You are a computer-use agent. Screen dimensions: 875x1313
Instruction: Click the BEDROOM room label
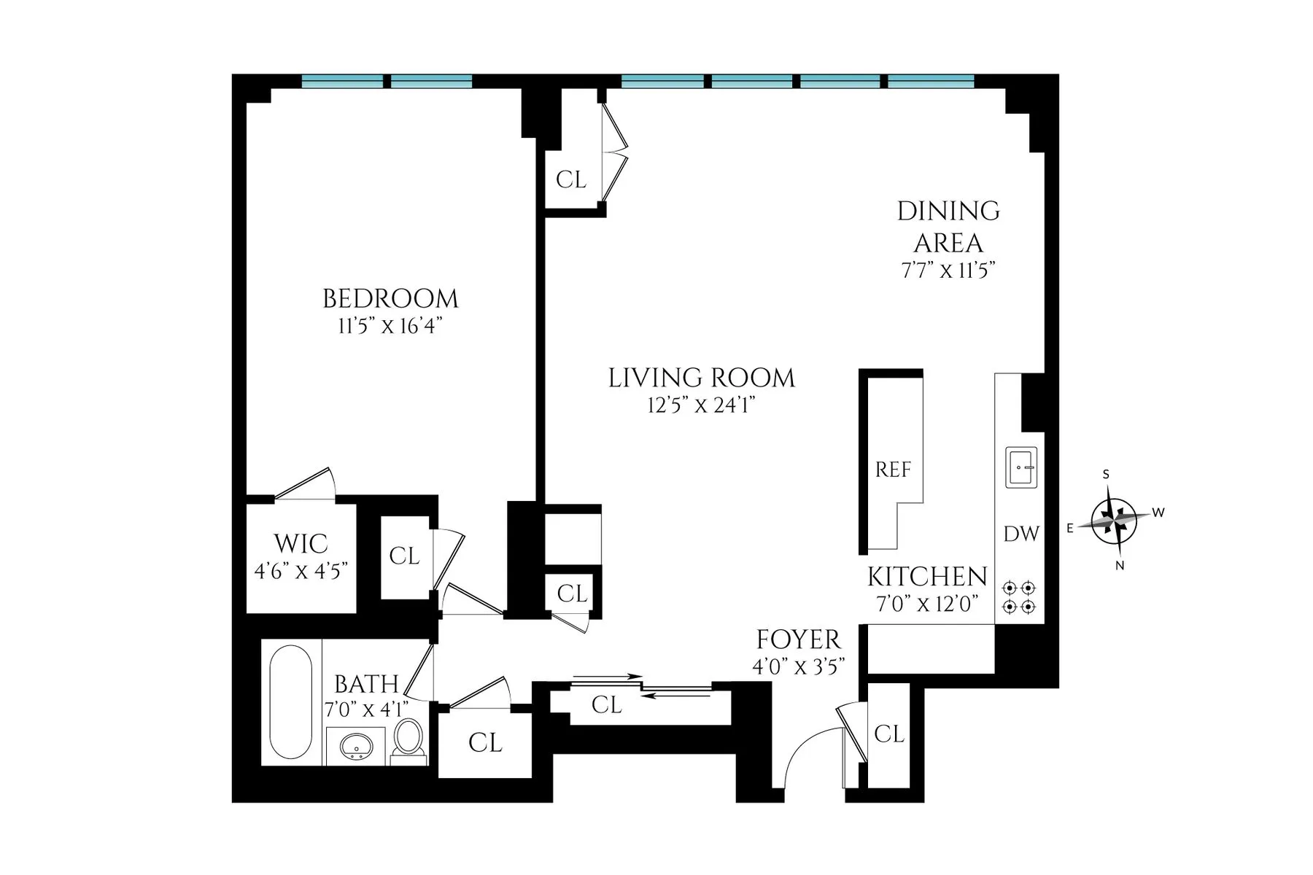[390, 299]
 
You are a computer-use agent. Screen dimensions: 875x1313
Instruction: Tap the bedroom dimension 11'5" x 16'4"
[390, 326]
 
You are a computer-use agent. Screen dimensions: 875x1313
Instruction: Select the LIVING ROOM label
[701, 378]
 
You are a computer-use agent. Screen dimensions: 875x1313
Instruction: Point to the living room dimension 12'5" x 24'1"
[701, 405]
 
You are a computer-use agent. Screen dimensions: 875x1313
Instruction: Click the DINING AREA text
[948, 226]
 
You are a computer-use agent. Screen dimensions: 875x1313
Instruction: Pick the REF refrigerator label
[893, 470]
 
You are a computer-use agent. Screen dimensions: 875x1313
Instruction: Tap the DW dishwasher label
[1020, 534]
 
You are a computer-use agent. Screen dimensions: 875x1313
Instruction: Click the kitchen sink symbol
[1021, 467]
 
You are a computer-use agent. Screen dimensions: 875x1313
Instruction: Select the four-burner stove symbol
[1019, 596]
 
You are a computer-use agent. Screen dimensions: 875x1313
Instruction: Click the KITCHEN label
[926, 577]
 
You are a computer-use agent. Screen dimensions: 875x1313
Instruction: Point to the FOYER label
[798, 639]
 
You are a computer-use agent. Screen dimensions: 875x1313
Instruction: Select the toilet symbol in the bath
[408, 739]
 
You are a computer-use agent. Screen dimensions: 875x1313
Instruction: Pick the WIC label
[301, 543]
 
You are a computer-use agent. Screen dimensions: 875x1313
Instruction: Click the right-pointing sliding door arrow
[608, 677]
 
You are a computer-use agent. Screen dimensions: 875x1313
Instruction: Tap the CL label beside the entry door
[888, 734]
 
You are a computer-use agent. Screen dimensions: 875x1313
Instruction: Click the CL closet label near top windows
[570, 179]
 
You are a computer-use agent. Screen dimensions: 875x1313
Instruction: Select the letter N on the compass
[1120, 565]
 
